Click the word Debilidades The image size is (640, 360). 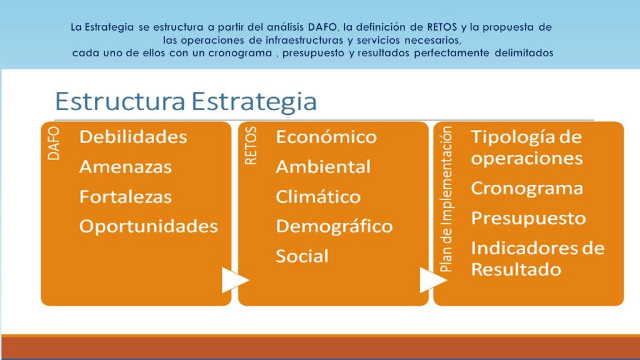point(133,137)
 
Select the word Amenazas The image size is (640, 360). point(125,167)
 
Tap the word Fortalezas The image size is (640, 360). point(125,197)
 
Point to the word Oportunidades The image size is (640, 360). point(149,226)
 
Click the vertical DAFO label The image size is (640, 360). point(54,143)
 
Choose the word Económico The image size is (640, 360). point(326,137)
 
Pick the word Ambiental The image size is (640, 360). point(323,167)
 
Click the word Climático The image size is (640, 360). point(318,197)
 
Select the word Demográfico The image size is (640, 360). point(334,226)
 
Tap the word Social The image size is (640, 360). point(302,256)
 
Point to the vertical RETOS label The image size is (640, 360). point(251,146)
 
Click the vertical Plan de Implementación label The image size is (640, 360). point(446,199)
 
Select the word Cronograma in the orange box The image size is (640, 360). point(527,189)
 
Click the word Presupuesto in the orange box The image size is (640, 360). point(529,218)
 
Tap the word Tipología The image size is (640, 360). point(512,137)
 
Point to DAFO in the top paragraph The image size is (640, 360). point(322,27)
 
